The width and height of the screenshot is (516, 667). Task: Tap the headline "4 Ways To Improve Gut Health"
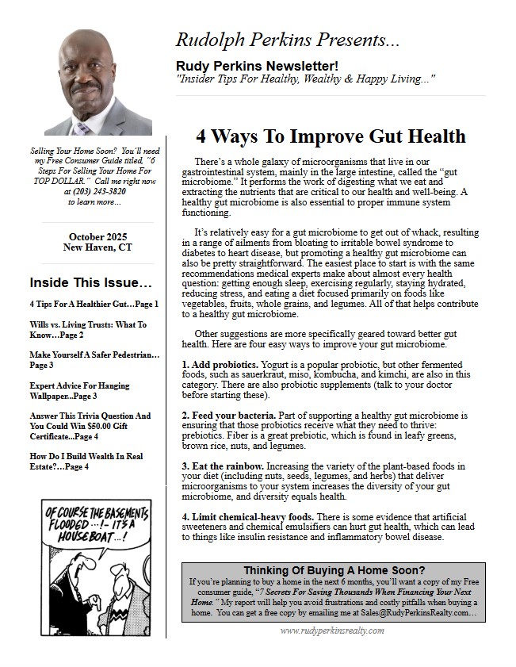point(331,136)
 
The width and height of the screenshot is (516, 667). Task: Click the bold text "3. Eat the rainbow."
point(221,465)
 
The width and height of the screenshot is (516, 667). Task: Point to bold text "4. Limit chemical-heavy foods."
point(247,516)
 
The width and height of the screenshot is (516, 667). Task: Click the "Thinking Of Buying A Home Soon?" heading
point(333,570)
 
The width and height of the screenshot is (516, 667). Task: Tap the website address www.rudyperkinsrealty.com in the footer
point(332,631)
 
